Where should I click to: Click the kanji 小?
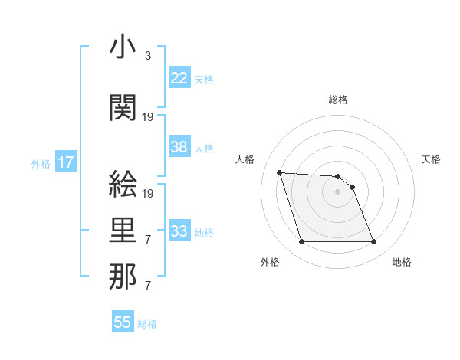coord(123,48)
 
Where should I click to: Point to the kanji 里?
coord(123,231)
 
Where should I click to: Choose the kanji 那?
coord(123,277)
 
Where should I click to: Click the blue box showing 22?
coord(179,78)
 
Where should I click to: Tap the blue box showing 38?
coord(179,147)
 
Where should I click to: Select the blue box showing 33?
coord(179,231)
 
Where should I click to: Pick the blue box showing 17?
coord(65,162)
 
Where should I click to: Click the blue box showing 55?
coord(123,322)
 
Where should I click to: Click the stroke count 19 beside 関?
coord(149,117)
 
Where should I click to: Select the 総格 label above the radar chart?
coord(338,100)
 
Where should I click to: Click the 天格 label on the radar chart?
coord(432,159)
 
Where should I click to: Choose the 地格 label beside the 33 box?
coord(204,232)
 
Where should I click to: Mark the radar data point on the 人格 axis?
coord(279,172)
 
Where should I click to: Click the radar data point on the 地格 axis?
coord(373,242)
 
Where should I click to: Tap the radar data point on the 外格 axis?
coord(301,242)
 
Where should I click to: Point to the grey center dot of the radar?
coord(337,191)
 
